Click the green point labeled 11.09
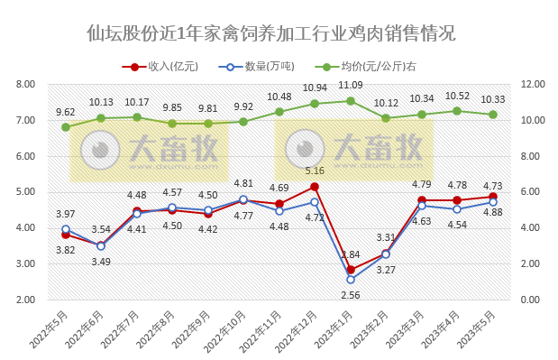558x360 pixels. click(351, 101)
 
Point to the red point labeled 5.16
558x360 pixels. click(315, 187)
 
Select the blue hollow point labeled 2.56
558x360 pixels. click(351, 280)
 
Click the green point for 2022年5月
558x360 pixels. click(66, 127)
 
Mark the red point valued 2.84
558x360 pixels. click(351, 270)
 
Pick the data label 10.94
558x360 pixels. click(315, 88)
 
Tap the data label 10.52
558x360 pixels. click(457, 96)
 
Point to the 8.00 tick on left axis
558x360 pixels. click(25, 84)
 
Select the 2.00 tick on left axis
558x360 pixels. click(25, 300)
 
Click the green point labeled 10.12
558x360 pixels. click(386, 118)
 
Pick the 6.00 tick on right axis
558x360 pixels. click(529, 192)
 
